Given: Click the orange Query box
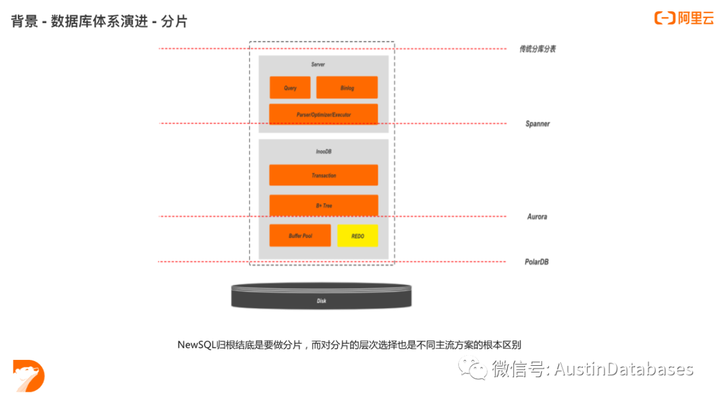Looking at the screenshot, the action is [x=290, y=88].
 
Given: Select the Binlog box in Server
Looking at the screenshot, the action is [x=347, y=88].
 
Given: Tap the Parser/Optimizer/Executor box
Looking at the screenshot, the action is [x=323, y=114].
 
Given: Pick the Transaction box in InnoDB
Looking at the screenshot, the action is [x=323, y=175].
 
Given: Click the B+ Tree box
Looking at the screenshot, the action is [x=323, y=206].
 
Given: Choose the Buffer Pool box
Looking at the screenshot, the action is [x=300, y=236].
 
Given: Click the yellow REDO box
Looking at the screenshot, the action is [x=357, y=236].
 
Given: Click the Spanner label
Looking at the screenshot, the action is [x=537, y=124].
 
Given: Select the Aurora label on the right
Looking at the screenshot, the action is [x=536, y=217].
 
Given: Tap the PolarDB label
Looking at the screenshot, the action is [x=536, y=262].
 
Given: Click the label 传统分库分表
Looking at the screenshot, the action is [x=537, y=49].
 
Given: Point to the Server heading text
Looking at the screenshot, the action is [x=317, y=64].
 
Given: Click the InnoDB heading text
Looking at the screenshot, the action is [x=323, y=152].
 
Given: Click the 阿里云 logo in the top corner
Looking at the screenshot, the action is [x=683, y=19].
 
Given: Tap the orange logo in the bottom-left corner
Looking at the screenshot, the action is [x=29, y=376].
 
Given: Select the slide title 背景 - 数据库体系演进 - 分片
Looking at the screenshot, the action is [x=100, y=22].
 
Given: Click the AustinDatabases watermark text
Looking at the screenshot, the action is [x=623, y=369].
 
